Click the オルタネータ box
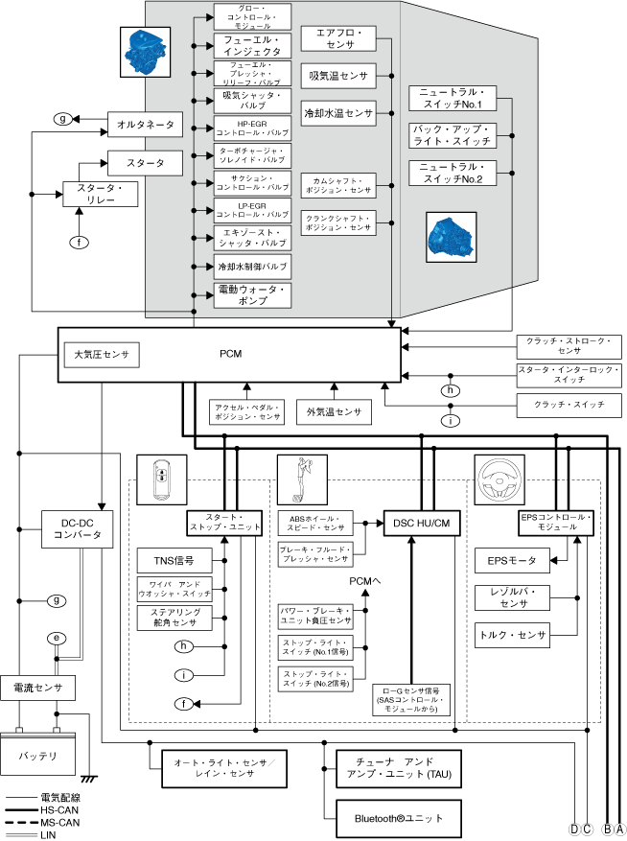coord(146,125)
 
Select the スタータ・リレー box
coord(101,194)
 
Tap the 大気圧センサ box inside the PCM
coord(102,356)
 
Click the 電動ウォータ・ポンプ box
coord(251,295)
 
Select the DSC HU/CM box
coord(422,522)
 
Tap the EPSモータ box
coord(512,560)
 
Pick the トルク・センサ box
coord(512,634)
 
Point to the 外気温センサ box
coord(334,411)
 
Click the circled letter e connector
coord(58,638)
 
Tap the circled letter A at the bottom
coord(620,829)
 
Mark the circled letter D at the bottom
coord(574,829)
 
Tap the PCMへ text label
coord(364,580)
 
